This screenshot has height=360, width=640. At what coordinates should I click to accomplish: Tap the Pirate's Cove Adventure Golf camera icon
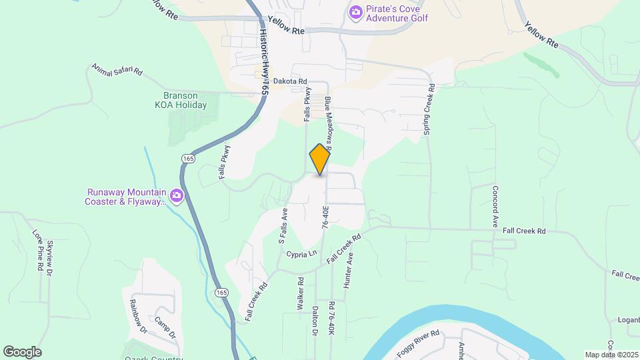click(x=356, y=11)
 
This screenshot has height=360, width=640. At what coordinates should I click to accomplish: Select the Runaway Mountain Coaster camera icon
click(x=177, y=195)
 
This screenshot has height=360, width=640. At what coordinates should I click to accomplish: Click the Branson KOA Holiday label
click(x=181, y=100)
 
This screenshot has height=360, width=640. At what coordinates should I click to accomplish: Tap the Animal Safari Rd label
click(x=117, y=69)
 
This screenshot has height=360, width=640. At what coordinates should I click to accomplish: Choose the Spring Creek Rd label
click(x=430, y=109)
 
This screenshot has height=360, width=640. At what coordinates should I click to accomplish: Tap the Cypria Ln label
click(x=302, y=254)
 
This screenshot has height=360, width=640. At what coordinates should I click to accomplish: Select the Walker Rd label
click(x=301, y=293)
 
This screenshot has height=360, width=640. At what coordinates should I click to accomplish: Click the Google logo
click(x=22, y=352)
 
